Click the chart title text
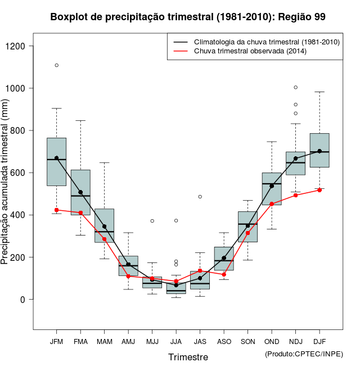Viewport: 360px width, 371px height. point(188,17)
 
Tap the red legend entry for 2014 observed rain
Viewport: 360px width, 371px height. point(250,51)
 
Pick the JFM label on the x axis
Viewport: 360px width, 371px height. point(56,341)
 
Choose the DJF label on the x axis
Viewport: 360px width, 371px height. point(319,341)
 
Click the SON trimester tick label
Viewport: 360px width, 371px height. point(247,341)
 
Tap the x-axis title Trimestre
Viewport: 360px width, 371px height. point(188,357)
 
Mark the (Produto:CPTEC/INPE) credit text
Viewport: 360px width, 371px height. point(304,354)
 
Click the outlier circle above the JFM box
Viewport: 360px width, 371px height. point(57,65)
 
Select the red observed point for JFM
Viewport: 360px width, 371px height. point(57,210)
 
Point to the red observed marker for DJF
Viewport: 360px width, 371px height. point(319,190)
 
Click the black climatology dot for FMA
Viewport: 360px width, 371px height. point(80,192)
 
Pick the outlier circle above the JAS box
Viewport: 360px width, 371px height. point(200,197)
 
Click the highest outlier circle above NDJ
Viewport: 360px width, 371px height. point(296,87)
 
